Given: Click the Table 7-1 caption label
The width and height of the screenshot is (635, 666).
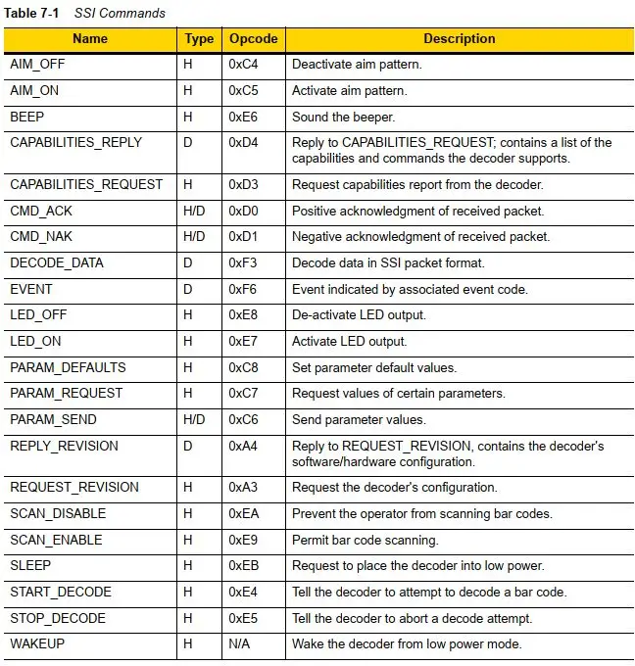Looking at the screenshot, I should point(33,13).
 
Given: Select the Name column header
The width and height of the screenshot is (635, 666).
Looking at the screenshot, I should point(90,39).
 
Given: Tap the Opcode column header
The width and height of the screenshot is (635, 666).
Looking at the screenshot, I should point(253,39).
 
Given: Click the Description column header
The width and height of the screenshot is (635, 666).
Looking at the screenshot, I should point(459,39).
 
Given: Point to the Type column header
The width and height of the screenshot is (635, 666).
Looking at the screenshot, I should point(199,39).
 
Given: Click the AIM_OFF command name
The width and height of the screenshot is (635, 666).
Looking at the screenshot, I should point(37,64).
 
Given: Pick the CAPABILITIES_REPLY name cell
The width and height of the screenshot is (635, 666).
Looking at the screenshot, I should point(75,142).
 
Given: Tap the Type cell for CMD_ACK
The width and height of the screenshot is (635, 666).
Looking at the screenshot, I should point(195,211).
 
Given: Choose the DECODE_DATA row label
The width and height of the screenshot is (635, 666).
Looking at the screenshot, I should point(56,262).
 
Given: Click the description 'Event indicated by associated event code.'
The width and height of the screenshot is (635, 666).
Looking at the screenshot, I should point(411,289).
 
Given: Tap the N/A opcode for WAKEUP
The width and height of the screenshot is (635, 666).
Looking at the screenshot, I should point(240,645).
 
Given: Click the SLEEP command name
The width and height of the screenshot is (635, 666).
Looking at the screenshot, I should point(30,566).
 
